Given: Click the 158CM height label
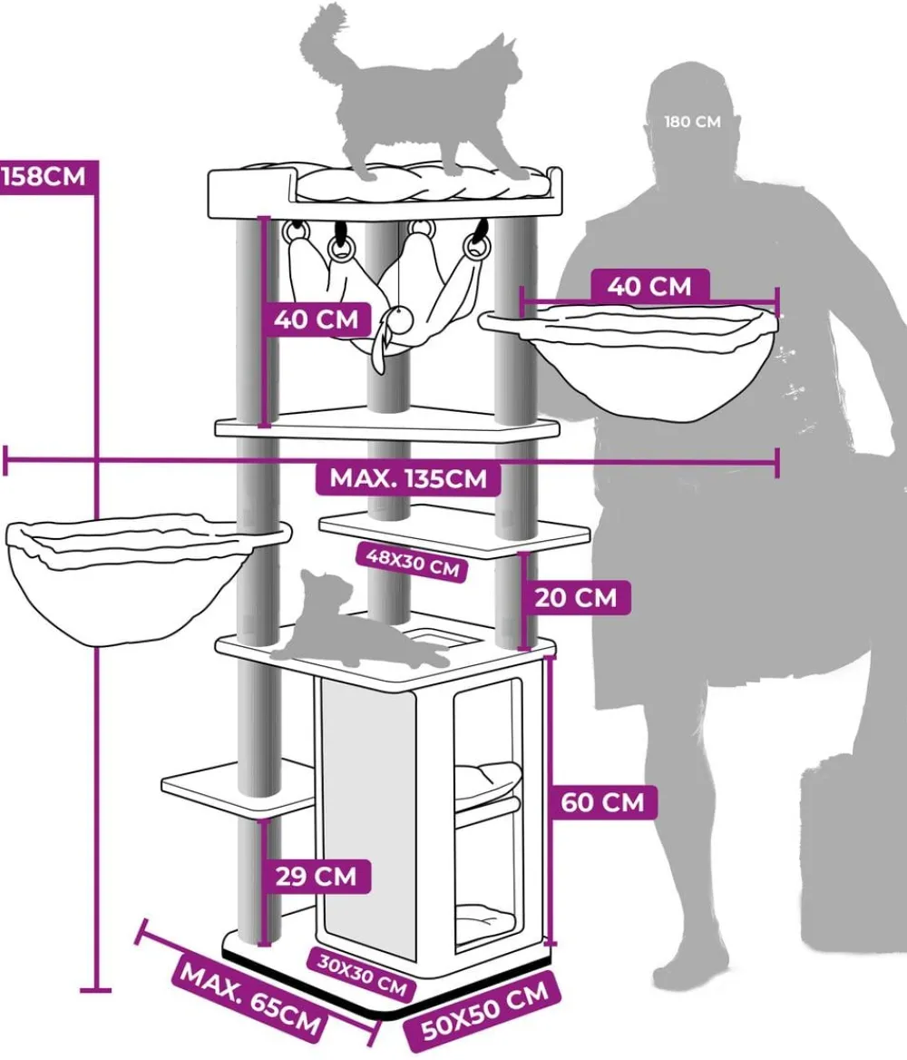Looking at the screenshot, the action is coord(44,177).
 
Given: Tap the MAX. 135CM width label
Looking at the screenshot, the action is coord(408,478).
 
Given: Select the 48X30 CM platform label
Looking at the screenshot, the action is coord(413,562).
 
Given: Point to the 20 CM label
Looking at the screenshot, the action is coord(576,597).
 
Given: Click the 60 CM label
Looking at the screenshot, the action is coord(602,802).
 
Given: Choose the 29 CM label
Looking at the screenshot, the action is coord(316,876).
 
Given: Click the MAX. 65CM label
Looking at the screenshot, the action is coord(250,1000).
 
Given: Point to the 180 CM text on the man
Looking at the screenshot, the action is coord(692,122).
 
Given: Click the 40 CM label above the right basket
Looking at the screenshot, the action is coord(649,286).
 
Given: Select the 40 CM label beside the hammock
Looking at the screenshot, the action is coord(317,319).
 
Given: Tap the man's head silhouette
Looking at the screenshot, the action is coord(692,122).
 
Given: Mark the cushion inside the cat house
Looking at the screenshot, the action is coord(487,778).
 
